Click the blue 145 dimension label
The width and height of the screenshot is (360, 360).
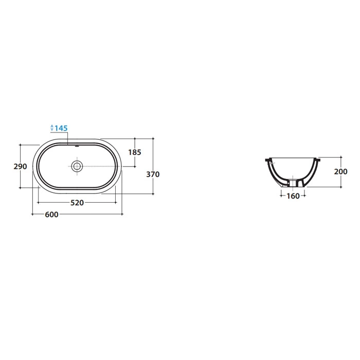[x=61, y=128]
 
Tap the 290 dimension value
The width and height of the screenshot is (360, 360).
[x=20, y=166]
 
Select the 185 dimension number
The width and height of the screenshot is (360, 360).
[x=135, y=152]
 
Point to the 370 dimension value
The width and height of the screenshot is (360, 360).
[x=153, y=174]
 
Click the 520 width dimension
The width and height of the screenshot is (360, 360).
[x=77, y=203]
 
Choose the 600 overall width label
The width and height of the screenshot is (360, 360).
[x=51, y=214]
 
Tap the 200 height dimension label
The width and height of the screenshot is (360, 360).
[x=340, y=171]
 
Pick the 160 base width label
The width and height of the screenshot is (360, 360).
[x=293, y=196]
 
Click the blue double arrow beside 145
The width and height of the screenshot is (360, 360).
[x=51, y=128]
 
